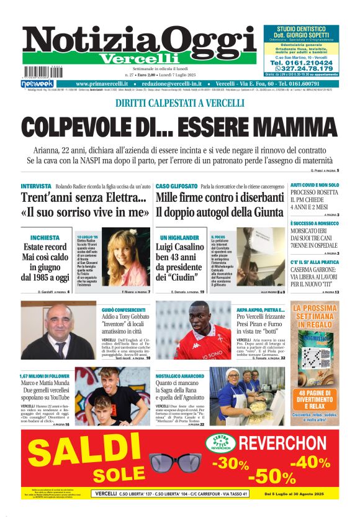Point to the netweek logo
coord(37,84)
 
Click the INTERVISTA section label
coord(36,186)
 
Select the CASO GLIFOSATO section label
coord(176,186)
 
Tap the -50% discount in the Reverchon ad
coord(271,476)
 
